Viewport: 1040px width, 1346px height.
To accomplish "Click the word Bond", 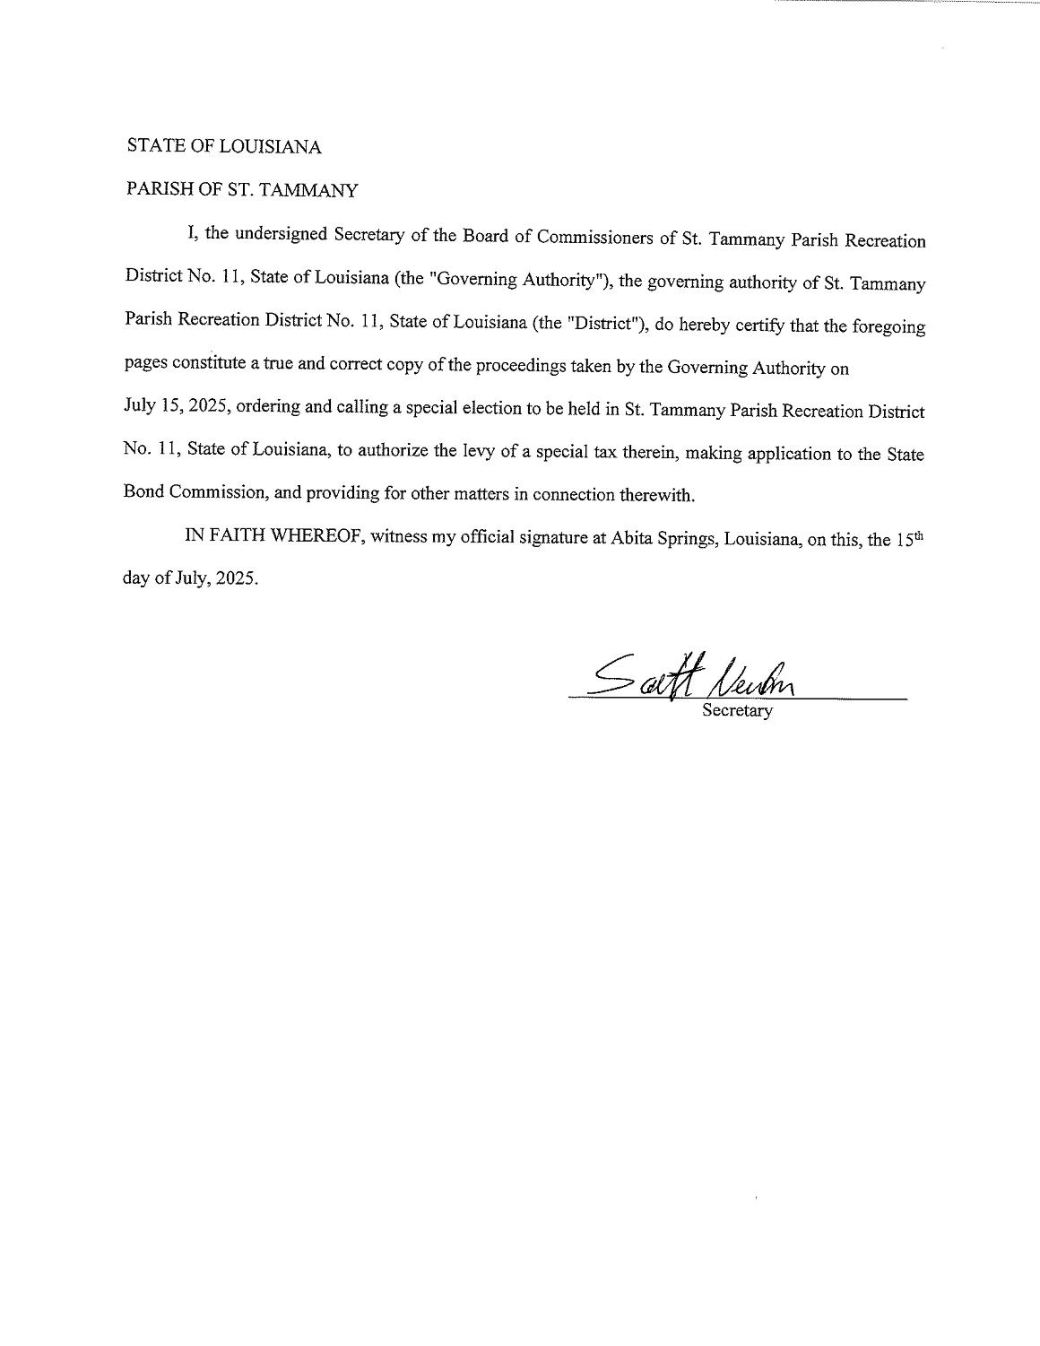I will pos(142,494).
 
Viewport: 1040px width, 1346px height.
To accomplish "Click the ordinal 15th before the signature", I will pos(909,540).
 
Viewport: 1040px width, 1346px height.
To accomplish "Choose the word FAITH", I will pos(230,537).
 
